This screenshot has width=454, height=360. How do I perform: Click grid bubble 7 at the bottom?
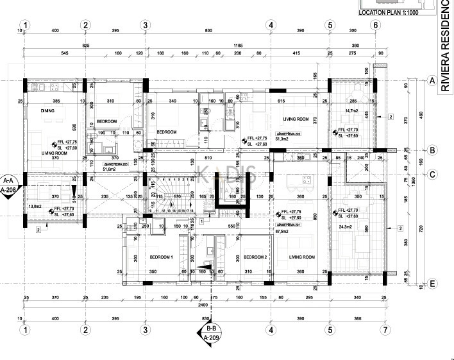coord(385,330)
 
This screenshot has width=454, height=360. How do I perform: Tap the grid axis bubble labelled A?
coord(432,81)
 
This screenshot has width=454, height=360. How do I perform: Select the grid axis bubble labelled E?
coord(432,283)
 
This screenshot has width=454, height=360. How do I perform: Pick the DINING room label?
coord(48,111)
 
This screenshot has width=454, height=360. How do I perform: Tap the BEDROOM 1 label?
coord(162,257)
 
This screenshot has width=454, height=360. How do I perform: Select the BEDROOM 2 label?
coord(255,257)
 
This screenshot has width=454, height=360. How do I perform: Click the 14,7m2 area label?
coord(351,111)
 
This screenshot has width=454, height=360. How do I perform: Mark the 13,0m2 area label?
coord(35,206)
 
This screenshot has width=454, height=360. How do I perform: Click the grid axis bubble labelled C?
coord(432,174)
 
